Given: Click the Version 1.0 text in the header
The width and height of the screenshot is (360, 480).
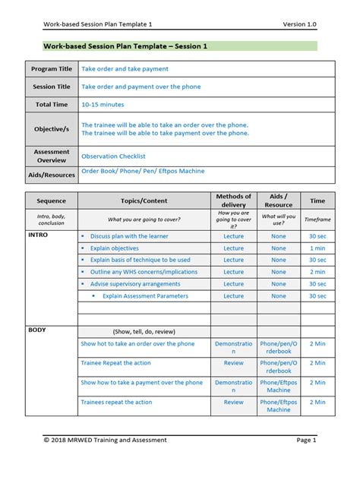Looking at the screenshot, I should [x=299, y=24].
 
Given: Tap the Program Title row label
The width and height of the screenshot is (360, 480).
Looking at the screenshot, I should [x=52, y=69].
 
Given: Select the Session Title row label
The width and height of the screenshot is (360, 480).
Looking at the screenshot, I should [x=52, y=87].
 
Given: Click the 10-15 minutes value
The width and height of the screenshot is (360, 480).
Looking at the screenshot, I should [x=103, y=104].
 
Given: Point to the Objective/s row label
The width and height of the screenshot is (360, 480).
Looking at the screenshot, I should [x=52, y=129].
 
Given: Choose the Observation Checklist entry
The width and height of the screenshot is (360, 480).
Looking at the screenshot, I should [x=113, y=156].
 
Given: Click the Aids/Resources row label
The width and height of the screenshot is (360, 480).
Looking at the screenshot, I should [x=52, y=175].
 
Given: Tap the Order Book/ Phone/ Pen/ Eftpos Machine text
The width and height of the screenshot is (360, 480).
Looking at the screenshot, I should [x=143, y=172].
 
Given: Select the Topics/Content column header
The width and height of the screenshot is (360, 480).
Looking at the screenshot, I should [x=144, y=201].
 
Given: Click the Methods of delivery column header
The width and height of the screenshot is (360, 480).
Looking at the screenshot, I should [x=233, y=201].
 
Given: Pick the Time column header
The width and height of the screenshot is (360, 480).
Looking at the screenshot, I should [x=317, y=201].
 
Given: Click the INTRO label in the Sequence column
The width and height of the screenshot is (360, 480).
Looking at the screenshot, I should [x=37, y=236].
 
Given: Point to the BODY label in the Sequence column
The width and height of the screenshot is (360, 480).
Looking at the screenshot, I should [x=37, y=330].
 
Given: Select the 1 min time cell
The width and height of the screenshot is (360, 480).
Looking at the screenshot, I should [x=317, y=248].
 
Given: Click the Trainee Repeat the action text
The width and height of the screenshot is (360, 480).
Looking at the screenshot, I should [x=115, y=363].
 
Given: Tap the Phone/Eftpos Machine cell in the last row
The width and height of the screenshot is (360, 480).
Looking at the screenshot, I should [x=279, y=406].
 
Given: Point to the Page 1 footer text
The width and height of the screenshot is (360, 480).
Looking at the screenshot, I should [x=306, y=440].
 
